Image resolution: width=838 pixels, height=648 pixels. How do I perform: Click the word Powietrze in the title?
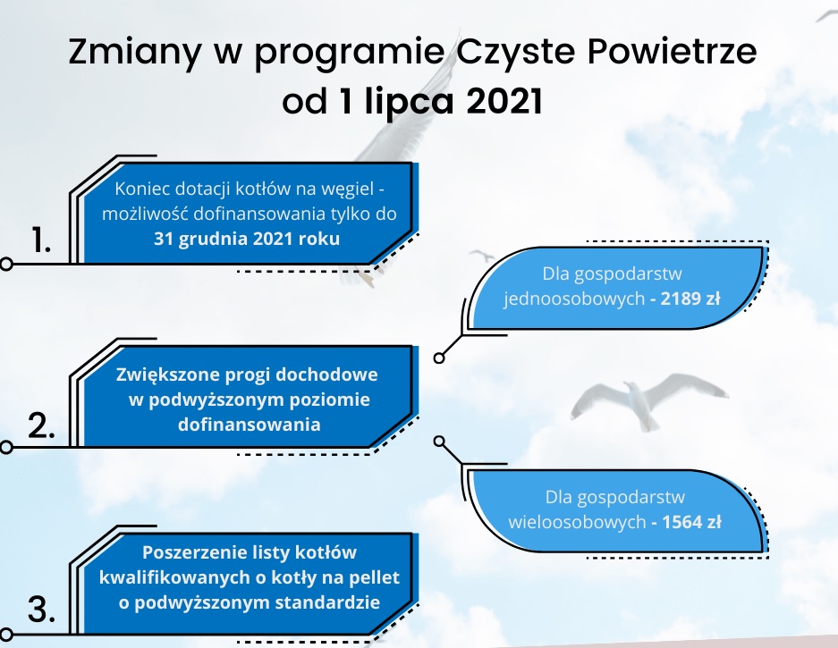pyautogui.click(x=672, y=52)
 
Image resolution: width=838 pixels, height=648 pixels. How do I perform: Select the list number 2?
pyautogui.click(x=42, y=425)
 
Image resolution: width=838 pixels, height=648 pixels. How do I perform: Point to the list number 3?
pyautogui.click(x=42, y=610)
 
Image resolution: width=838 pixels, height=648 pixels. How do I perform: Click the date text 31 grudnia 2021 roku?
pyautogui.click(x=247, y=239)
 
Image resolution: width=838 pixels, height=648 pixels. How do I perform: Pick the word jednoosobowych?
pyautogui.click(x=574, y=299)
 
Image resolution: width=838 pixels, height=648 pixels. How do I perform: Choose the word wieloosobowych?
pyautogui.click(x=577, y=521)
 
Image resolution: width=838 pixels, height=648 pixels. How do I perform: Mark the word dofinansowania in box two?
pyautogui.click(x=249, y=425)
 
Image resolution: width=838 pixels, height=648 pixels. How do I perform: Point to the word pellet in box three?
pyautogui.click(x=374, y=578)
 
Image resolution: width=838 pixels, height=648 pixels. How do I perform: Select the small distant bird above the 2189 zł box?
pyautogui.click(x=483, y=256)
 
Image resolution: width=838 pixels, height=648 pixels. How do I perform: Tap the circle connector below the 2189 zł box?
pyautogui.click(x=439, y=358)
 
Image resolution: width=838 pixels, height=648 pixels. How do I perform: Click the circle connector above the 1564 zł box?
pyautogui.click(x=439, y=442)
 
